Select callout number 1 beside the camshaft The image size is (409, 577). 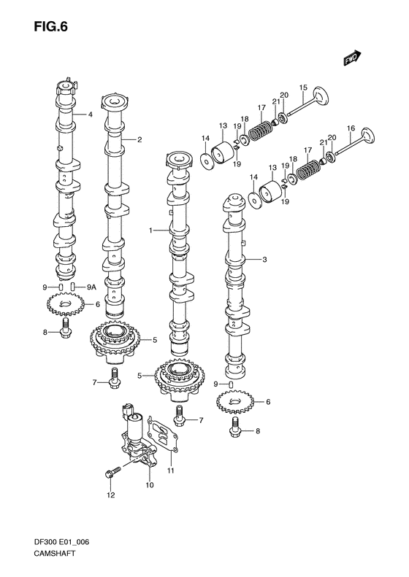[150, 231]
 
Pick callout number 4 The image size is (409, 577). [91, 115]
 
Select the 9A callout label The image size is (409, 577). [91, 287]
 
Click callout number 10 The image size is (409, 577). [149, 484]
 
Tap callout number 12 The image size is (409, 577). [111, 496]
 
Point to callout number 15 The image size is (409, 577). [303, 88]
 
